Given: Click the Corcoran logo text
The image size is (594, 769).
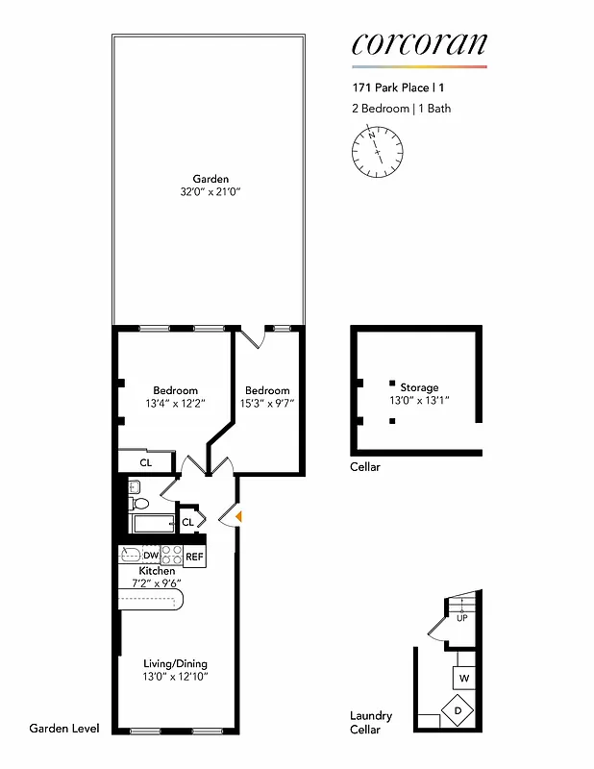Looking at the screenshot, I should pos(419,43).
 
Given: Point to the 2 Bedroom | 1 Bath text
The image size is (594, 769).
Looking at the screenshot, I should pos(401,109).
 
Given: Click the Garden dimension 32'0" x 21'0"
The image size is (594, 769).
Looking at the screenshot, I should pos(210,192).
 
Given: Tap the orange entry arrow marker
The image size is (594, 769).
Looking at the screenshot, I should pos(238,518).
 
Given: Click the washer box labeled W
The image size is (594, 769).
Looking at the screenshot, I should pos(464,679).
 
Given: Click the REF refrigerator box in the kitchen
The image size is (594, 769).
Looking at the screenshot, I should pos(194,556).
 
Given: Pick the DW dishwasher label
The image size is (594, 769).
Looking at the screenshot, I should pos(151,556).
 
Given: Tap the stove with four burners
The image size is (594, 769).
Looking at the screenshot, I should pos(171,556).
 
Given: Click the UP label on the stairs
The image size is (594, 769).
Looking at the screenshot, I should pos(462,618).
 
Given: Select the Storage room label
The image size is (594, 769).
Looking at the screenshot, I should pos(419,387).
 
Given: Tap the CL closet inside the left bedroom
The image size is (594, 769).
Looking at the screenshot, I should pos(146,462).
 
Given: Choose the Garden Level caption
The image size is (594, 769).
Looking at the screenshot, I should pos(64,729).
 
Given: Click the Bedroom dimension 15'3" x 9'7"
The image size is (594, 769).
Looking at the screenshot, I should pos(266,403).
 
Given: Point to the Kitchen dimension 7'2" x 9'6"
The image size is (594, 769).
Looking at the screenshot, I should pos(157,583).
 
